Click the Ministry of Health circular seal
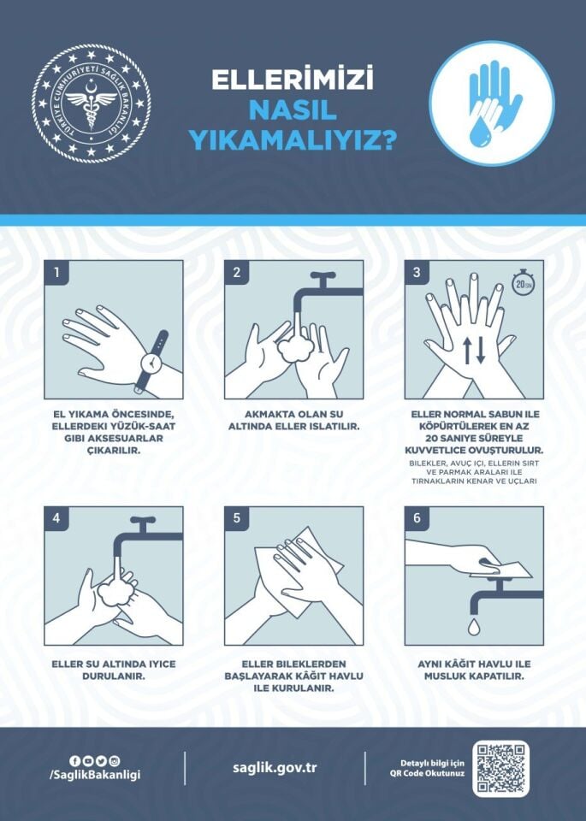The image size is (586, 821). pyautogui.click(x=92, y=103)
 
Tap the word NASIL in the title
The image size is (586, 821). pyautogui.click(x=293, y=109)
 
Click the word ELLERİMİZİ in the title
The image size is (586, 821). pyautogui.click(x=293, y=81)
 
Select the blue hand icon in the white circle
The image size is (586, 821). pyautogui.click(x=491, y=103)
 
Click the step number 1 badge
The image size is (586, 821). pyautogui.click(x=56, y=273)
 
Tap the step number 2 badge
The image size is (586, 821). pyautogui.click(x=236, y=273)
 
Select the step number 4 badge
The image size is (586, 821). pyautogui.click(x=56, y=519)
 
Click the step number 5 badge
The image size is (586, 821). pyautogui.click(x=236, y=519)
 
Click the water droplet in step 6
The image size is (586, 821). pyautogui.click(x=472, y=628)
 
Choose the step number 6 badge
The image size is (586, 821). pyautogui.click(x=417, y=519)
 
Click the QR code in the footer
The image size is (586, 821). pyautogui.click(x=500, y=769)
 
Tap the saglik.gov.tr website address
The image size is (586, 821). pyautogui.click(x=275, y=767)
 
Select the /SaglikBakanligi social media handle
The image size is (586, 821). pyautogui.click(x=95, y=775)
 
